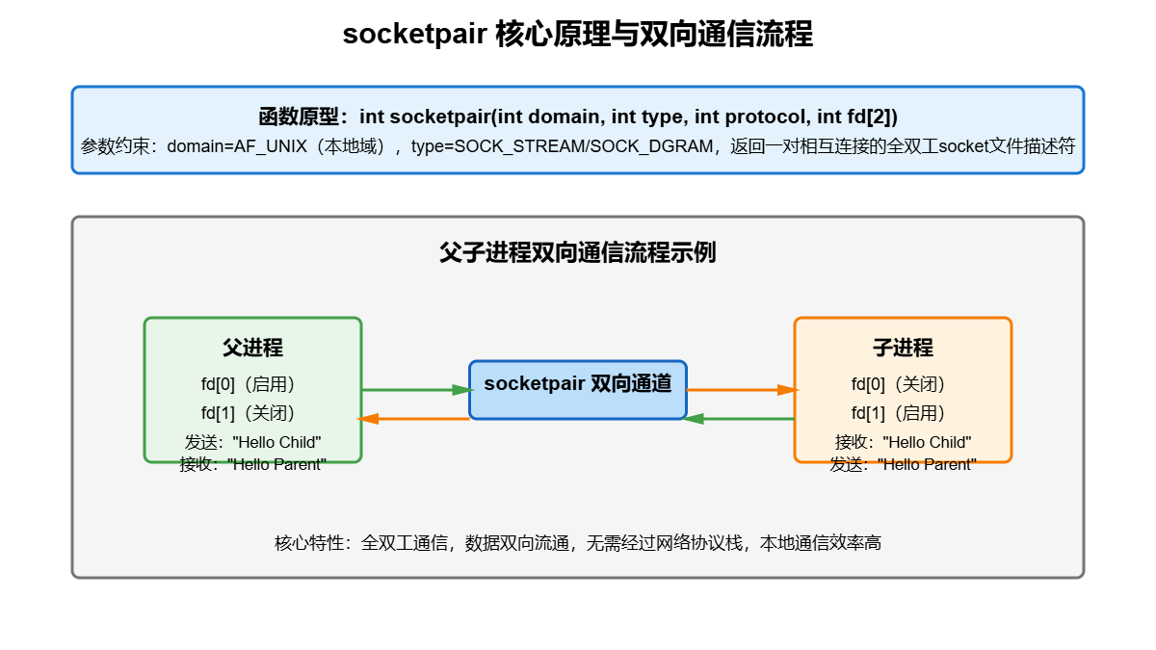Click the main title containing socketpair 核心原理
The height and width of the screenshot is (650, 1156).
click(578, 35)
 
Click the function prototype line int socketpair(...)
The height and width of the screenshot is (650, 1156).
click(578, 117)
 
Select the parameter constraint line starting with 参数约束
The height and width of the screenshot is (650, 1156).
click(578, 147)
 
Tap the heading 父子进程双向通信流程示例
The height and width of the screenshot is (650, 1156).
click(578, 253)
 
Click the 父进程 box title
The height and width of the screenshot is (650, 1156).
click(252, 348)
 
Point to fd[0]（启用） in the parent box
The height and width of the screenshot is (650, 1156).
click(252, 384)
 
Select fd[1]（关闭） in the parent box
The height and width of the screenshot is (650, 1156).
click(252, 413)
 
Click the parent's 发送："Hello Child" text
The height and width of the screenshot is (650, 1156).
click(252, 442)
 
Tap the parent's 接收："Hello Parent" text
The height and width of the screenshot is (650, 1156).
click(252, 464)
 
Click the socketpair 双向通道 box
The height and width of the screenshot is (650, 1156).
click(578, 384)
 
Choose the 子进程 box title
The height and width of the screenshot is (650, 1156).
click(903, 348)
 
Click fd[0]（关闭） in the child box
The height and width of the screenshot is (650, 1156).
click(903, 384)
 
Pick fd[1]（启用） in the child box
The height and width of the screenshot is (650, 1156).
click(903, 413)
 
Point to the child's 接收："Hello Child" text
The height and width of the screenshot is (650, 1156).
click(903, 442)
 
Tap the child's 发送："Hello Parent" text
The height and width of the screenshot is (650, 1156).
click(903, 464)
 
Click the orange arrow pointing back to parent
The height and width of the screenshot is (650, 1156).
click(414, 419)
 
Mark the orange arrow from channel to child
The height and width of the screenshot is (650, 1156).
click(742, 390)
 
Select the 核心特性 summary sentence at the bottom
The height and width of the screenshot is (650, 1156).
click(578, 543)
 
